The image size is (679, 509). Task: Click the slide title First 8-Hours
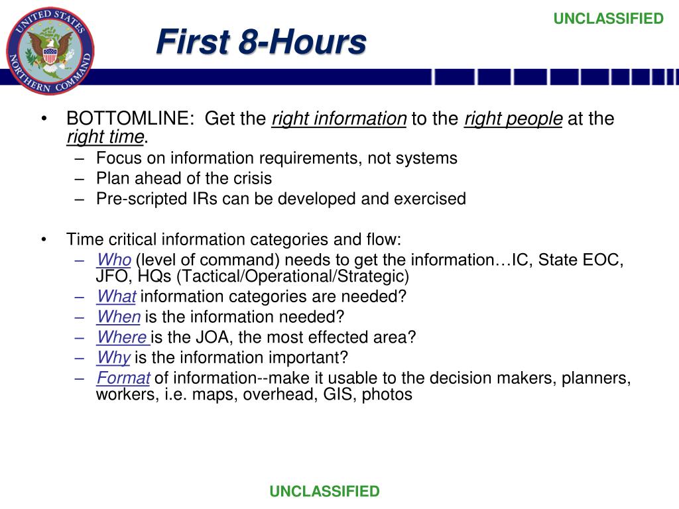tap(261, 43)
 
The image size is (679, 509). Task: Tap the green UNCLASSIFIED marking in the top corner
tap(608, 19)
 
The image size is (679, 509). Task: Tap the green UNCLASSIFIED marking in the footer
tap(324, 491)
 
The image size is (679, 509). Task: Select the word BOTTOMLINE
tap(129, 119)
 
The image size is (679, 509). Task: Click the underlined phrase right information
tap(339, 119)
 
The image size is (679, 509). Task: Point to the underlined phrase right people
tap(513, 119)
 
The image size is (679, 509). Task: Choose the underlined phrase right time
tap(105, 137)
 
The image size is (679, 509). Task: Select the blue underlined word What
tap(116, 296)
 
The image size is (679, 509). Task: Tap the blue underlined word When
tap(118, 317)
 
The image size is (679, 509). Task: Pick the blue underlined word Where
tap(121, 337)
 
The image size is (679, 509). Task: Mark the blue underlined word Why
tap(113, 358)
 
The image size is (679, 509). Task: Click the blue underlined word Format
tap(123, 378)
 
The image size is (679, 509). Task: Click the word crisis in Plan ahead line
tap(251, 178)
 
